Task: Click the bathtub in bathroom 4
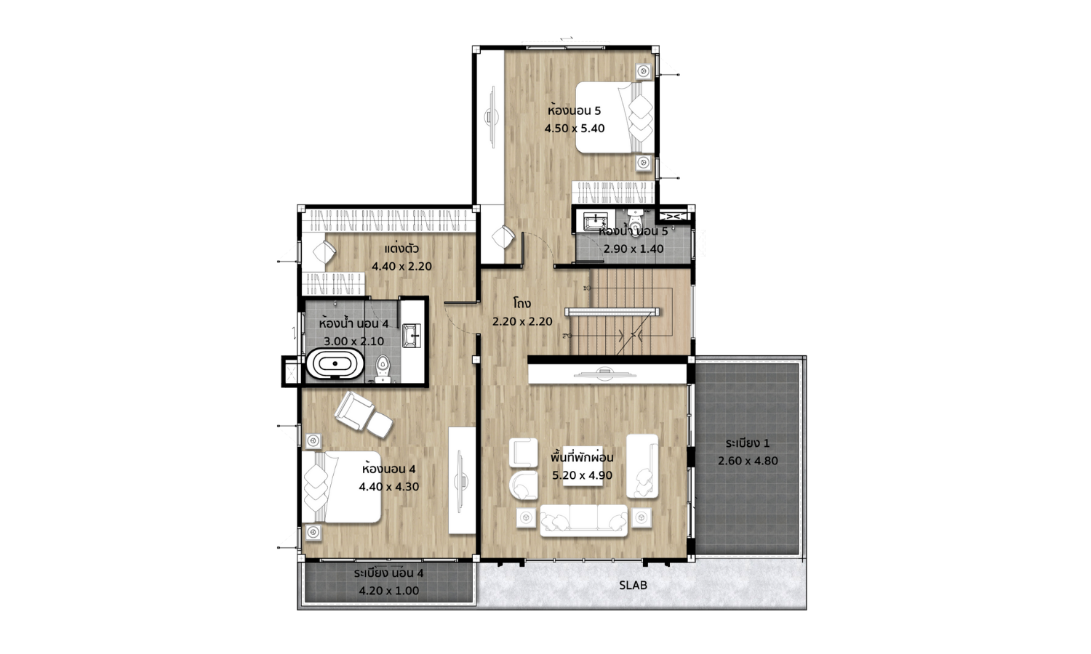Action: coord(335,364)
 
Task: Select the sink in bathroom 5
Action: coord(594,222)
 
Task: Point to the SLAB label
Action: coord(634,586)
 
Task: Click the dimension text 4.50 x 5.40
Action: coord(575,129)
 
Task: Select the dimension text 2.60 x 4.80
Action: coord(748,461)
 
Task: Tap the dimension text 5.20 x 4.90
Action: coord(582,475)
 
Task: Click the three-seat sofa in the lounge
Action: coord(584,520)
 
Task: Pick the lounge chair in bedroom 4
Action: coord(364,415)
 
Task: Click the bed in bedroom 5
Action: coord(615,117)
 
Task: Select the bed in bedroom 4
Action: coord(341,487)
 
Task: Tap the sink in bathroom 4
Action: coord(412,335)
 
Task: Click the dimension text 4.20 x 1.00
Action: coord(388,591)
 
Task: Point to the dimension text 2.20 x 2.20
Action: coord(522,322)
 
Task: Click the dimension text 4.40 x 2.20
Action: coord(401,267)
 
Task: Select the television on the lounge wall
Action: coord(605,374)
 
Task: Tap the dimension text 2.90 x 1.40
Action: coord(634,249)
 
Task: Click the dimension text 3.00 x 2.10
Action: coord(354,341)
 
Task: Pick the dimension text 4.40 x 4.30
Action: coord(388,487)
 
